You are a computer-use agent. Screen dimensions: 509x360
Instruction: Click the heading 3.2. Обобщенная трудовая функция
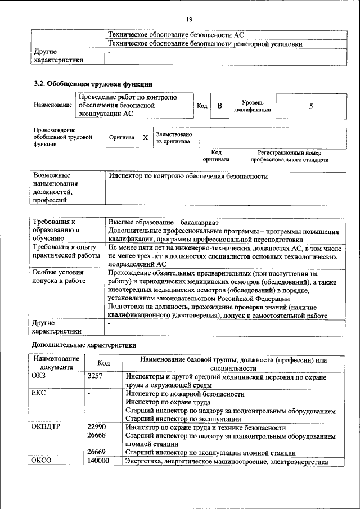pyautogui.click(x=93, y=84)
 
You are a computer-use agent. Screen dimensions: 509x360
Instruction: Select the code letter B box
pyautogui.click(x=220, y=106)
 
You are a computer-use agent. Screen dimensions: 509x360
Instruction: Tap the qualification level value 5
pyautogui.click(x=310, y=106)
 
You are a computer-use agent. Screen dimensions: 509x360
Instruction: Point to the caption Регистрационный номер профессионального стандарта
pyautogui.click(x=290, y=156)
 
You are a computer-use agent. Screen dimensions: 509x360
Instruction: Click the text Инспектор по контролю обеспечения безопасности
pyautogui.click(x=187, y=177)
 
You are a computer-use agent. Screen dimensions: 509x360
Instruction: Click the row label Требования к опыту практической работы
pyautogui.click(x=64, y=251)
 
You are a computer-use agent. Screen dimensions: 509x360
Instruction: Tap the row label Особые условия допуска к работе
pyautogui.click(x=58, y=277)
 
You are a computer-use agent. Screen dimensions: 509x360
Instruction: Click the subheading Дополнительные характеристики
pyautogui.click(x=84, y=344)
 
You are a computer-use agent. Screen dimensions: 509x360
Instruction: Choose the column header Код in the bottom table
pyautogui.click(x=103, y=363)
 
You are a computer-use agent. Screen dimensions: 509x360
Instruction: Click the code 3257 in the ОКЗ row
pyautogui.click(x=95, y=376)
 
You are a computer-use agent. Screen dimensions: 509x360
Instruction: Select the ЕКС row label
pyautogui.click(x=39, y=394)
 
